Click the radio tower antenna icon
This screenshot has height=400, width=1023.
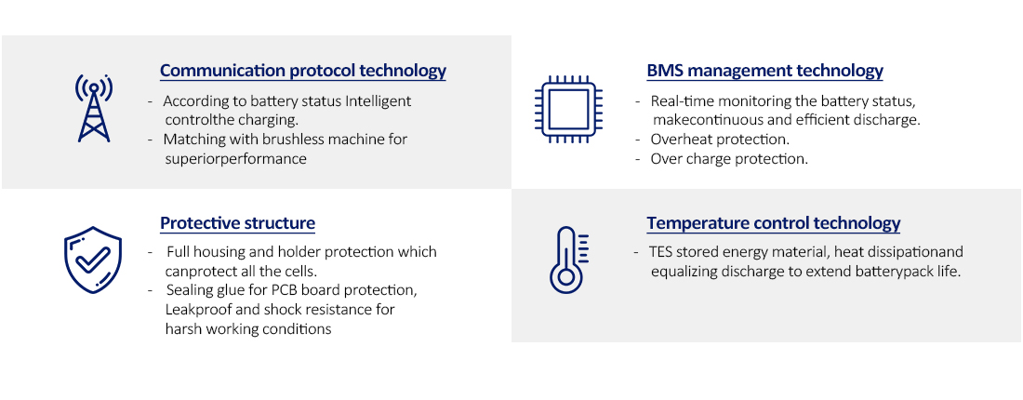point(93,108)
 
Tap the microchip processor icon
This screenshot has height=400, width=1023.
point(567,109)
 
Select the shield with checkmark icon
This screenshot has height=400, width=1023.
point(93,260)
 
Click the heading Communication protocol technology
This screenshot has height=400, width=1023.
point(303,71)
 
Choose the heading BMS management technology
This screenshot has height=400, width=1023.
point(764,71)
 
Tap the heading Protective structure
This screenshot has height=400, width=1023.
point(237,223)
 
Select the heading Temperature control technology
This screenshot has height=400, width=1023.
point(773,223)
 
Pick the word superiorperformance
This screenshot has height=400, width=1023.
point(235,158)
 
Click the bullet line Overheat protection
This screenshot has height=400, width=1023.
point(720,140)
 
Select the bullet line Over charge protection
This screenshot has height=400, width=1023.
point(729,159)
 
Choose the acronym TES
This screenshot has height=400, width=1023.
point(661,252)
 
